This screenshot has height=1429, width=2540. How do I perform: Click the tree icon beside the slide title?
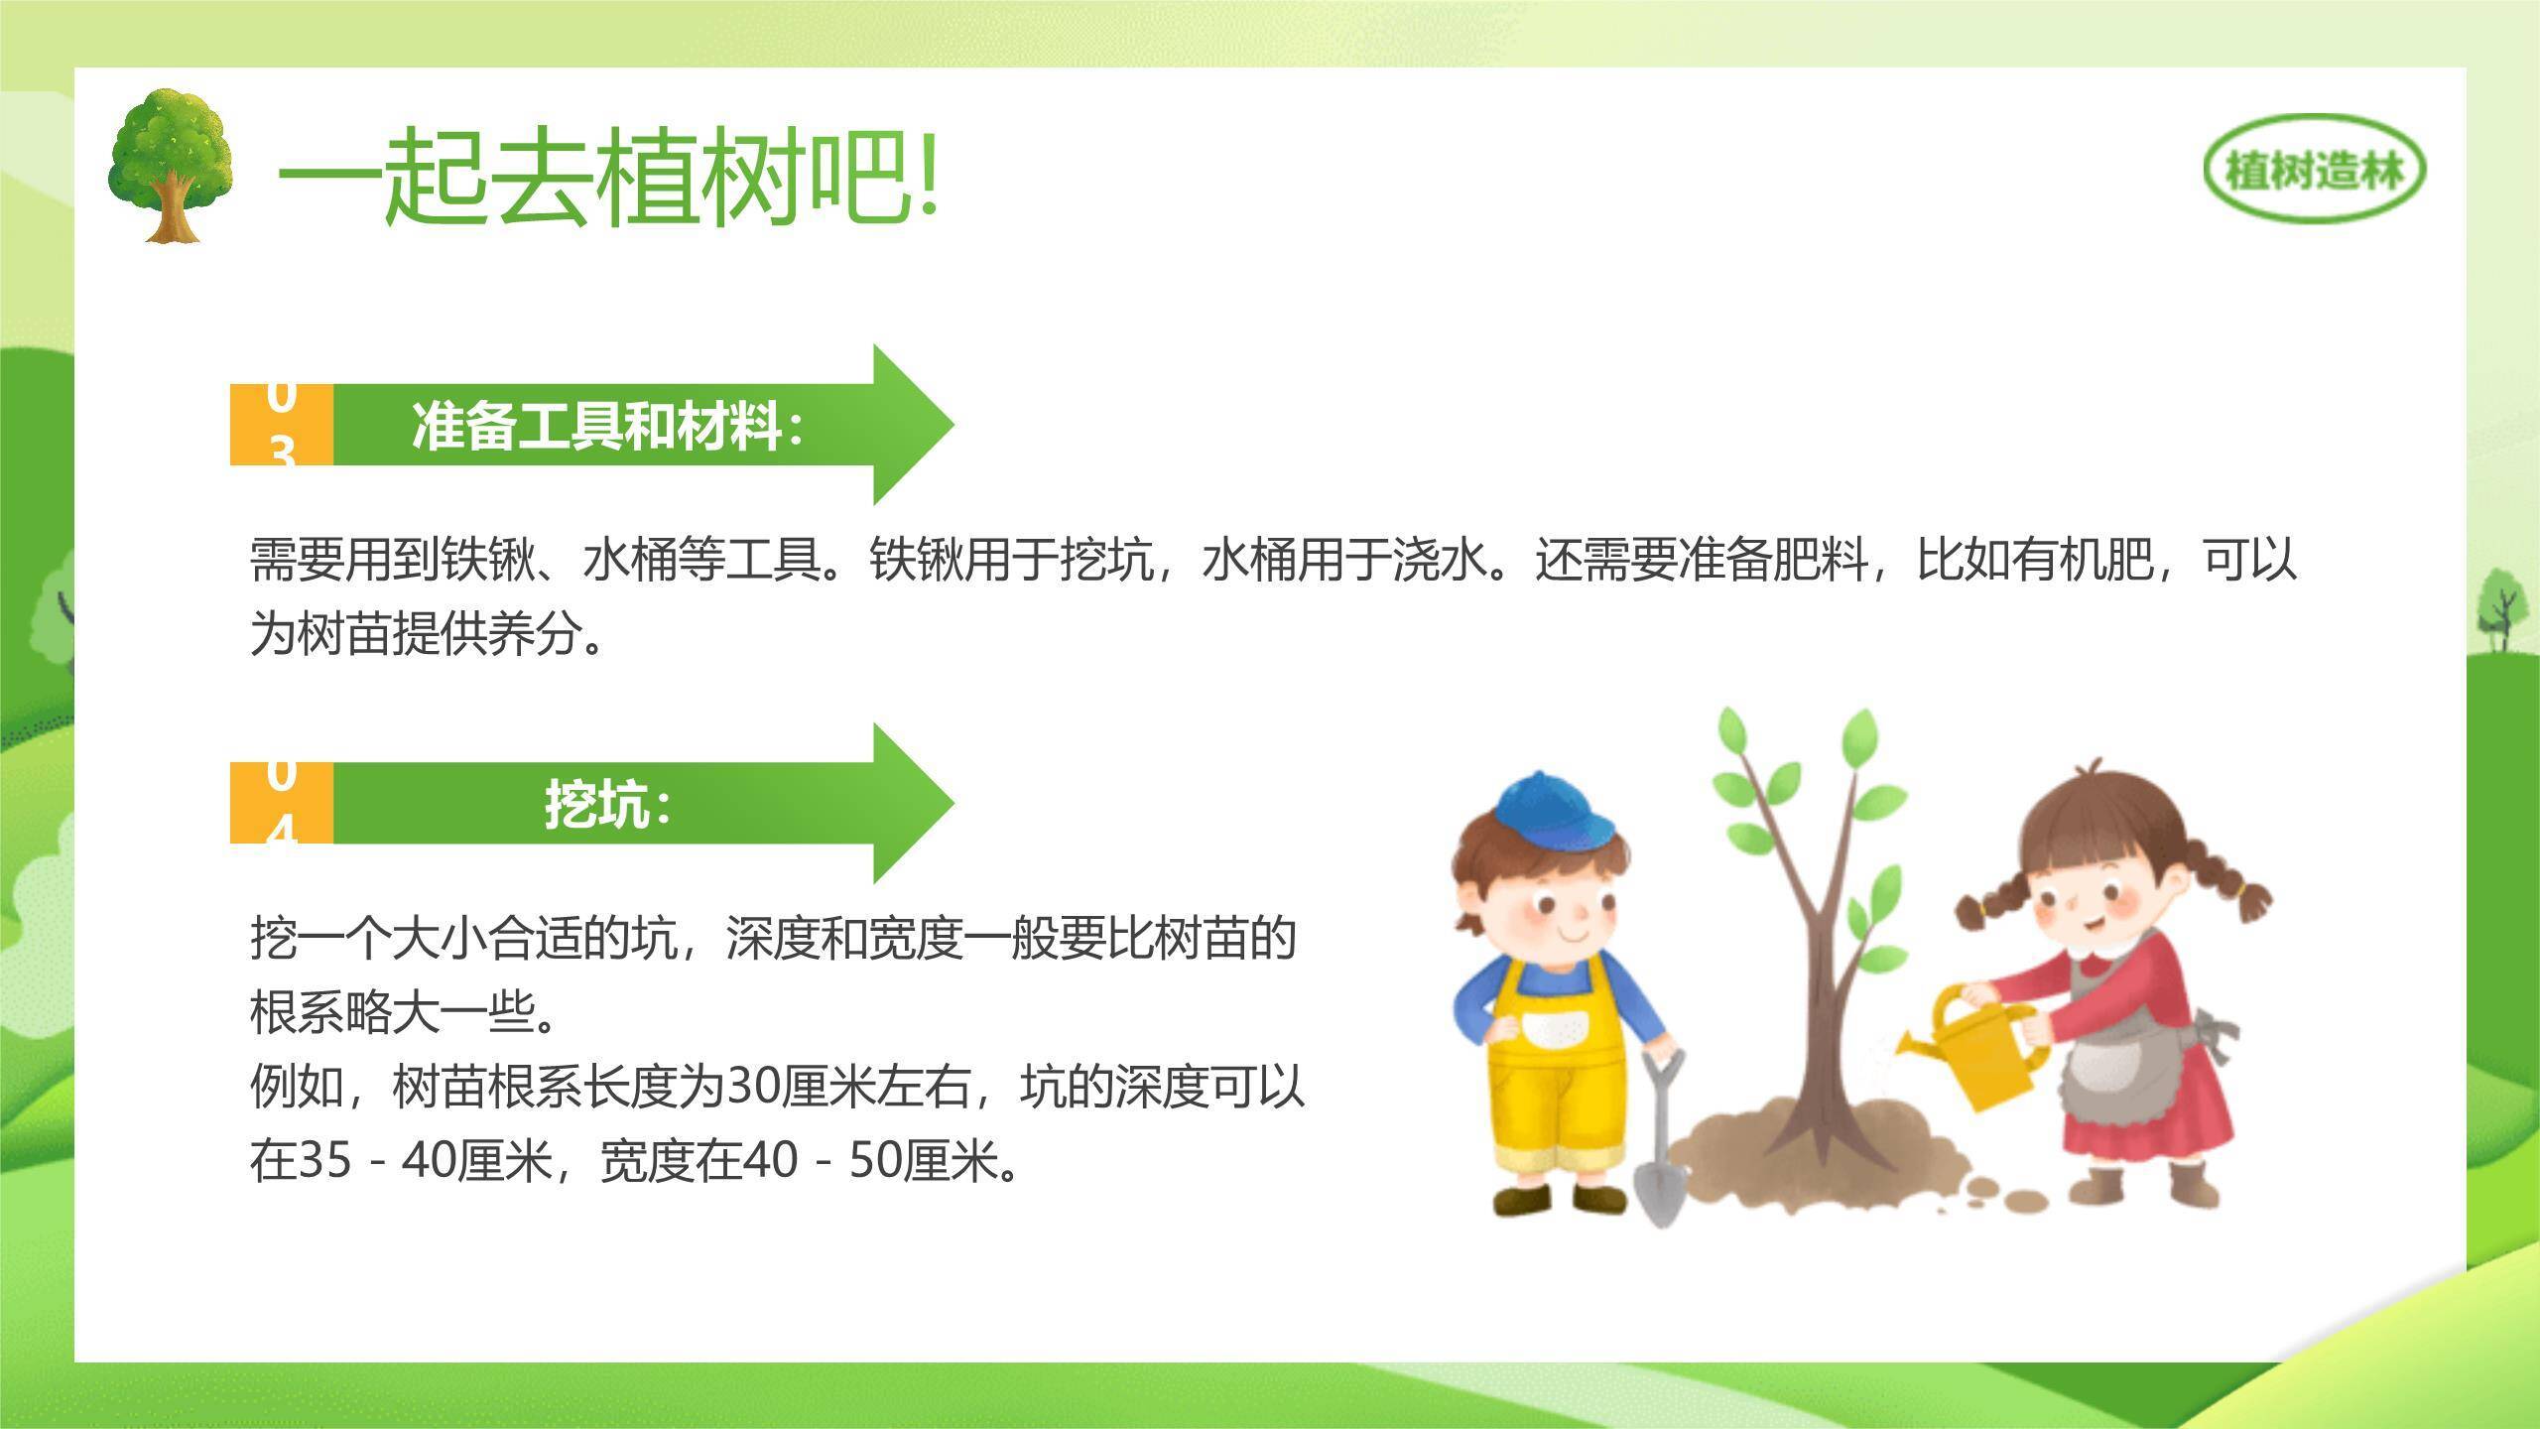171,165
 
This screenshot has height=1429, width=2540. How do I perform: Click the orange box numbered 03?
282,425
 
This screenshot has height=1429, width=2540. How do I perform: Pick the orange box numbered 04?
282,803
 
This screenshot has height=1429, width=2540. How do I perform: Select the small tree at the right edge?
2500,605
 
